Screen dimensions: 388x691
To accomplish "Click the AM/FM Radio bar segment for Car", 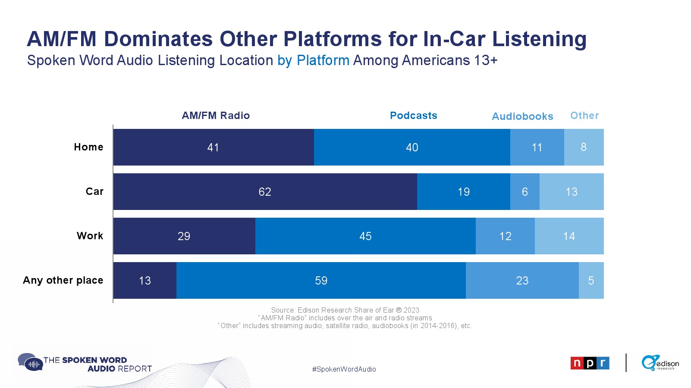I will click(x=265, y=192).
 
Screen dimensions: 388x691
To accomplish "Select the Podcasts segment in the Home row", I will click(x=412, y=147).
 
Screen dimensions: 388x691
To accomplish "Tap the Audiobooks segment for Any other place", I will click(x=522, y=281).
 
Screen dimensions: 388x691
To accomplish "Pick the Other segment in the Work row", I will click(x=569, y=236).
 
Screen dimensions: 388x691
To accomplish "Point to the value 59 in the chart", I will click(x=321, y=281).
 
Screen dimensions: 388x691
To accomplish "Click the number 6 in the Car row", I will click(x=525, y=192).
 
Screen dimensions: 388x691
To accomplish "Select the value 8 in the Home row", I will click(x=584, y=147).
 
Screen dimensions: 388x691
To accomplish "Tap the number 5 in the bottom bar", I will click(x=591, y=281).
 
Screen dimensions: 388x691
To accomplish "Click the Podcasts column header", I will click(x=413, y=116).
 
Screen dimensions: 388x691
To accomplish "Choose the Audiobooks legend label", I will click(x=522, y=116).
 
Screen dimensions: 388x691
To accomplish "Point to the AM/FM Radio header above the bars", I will click(x=216, y=116).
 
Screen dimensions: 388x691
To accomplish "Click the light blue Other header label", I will click(x=584, y=116).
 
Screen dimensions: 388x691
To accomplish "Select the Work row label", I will click(x=90, y=236).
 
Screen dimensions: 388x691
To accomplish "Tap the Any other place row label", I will click(x=63, y=280).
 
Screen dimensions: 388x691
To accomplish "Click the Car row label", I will click(x=94, y=191).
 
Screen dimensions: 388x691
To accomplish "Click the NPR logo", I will click(x=590, y=363).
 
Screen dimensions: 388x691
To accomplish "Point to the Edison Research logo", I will click(x=660, y=363).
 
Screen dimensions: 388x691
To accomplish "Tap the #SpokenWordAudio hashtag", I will click(x=344, y=369).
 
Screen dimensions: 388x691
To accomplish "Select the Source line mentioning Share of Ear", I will click(x=345, y=310).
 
